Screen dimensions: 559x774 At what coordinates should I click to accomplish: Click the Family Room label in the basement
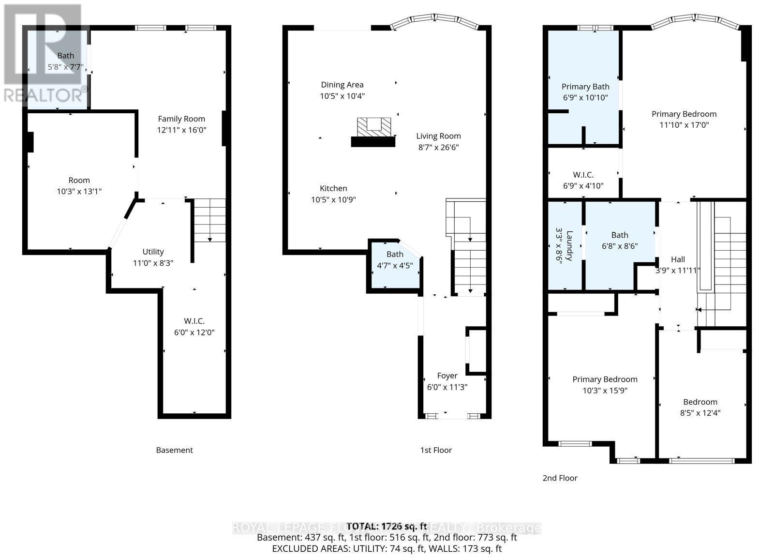coord(181,119)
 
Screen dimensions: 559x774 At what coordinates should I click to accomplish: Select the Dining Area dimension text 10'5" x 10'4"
coord(342,96)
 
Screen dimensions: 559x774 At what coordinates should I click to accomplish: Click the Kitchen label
coord(333,188)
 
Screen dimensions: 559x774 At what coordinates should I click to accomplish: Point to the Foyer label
coord(447,376)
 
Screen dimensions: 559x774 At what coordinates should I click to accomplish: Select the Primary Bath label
coord(585,87)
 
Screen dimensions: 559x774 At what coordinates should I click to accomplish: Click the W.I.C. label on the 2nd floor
coord(583,175)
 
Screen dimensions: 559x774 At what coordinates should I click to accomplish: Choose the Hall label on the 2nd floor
coord(678,259)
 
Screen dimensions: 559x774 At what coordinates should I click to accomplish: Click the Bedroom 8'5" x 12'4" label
coord(700,402)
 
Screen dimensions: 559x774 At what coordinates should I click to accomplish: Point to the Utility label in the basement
coord(153,252)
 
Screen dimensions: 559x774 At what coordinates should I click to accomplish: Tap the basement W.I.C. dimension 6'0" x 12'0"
coord(194,332)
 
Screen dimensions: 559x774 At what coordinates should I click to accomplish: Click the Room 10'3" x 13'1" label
coord(79,180)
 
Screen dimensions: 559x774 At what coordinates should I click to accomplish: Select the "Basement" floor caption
coord(174,450)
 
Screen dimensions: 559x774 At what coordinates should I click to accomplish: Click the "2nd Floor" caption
coord(560,478)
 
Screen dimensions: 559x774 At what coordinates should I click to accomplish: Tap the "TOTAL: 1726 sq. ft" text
coord(387,526)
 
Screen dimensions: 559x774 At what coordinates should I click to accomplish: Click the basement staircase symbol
coord(209,221)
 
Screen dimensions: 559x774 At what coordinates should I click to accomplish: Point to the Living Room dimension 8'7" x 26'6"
coord(438,147)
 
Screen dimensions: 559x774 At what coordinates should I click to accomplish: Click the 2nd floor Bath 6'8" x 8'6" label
coord(620,235)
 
